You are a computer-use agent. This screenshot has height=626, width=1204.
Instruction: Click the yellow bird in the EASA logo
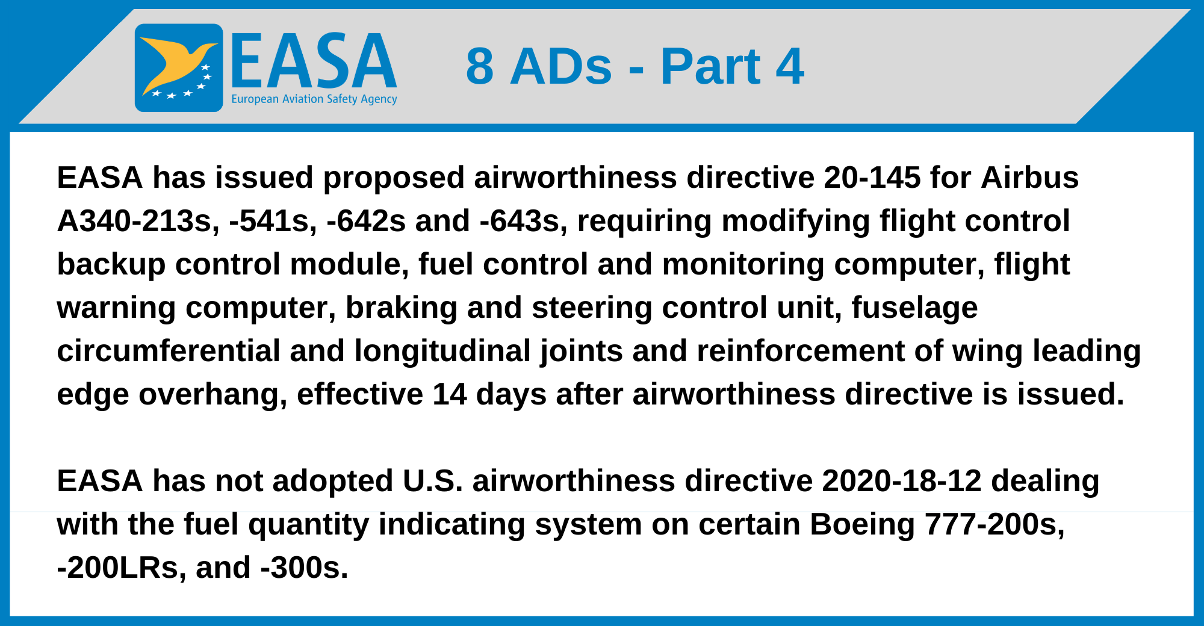pyautogui.click(x=175, y=63)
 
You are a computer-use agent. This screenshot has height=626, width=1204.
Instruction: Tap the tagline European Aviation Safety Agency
pyautogui.click(x=314, y=99)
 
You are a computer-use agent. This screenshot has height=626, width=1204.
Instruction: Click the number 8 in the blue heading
pyautogui.click(x=480, y=66)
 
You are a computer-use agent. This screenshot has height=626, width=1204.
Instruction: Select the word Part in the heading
pyautogui.click(x=710, y=66)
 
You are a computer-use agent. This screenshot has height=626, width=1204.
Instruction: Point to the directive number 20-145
pyautogui.click(x=872, y=178)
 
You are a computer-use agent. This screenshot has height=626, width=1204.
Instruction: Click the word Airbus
pyautogui.click(x=1030, y=178)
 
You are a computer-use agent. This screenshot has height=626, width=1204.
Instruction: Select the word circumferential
pyautogui.click(x=169, y=351)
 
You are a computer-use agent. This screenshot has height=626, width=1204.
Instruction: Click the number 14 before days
pyautogui.click(x=449, y=394)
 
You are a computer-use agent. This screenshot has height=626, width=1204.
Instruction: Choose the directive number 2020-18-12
pyautogui.click(x=902, y=481)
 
